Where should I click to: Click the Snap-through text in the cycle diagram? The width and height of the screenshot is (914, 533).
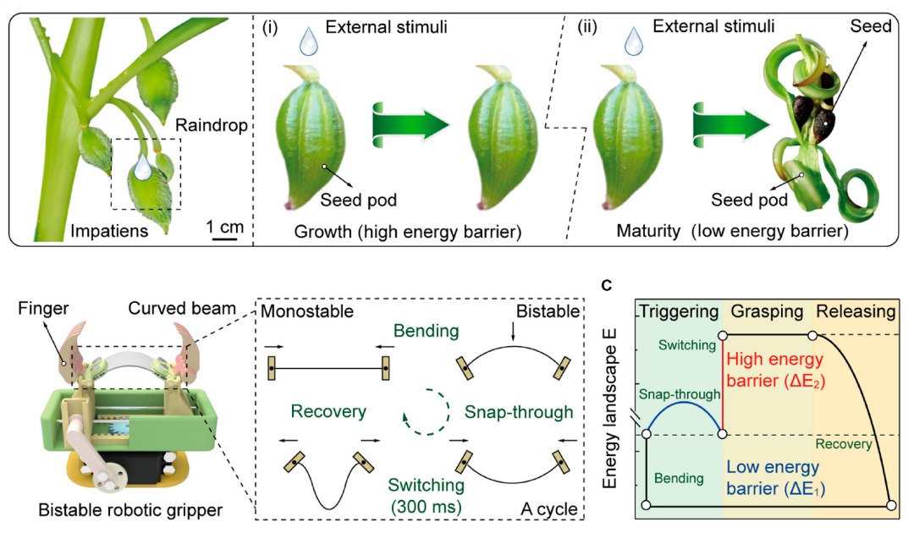[519, 411]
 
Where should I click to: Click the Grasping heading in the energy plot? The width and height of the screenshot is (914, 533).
[767, 310]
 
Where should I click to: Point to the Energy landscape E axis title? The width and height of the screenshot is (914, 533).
[610, 406]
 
